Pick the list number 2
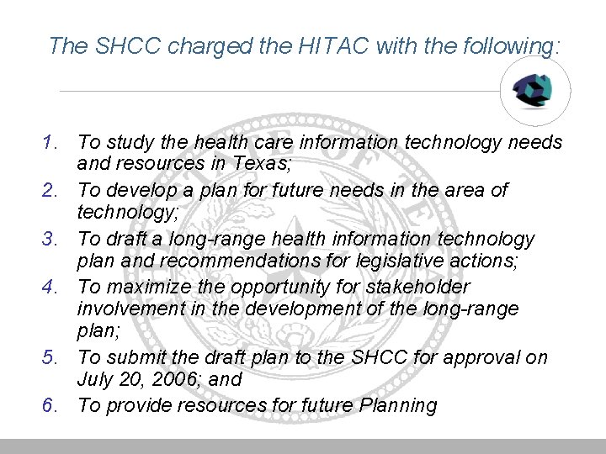52,191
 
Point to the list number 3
52,240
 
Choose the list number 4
52,288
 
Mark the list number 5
52,358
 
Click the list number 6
52,406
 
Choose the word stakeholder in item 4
421,288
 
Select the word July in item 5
95,380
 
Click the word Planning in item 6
396,406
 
